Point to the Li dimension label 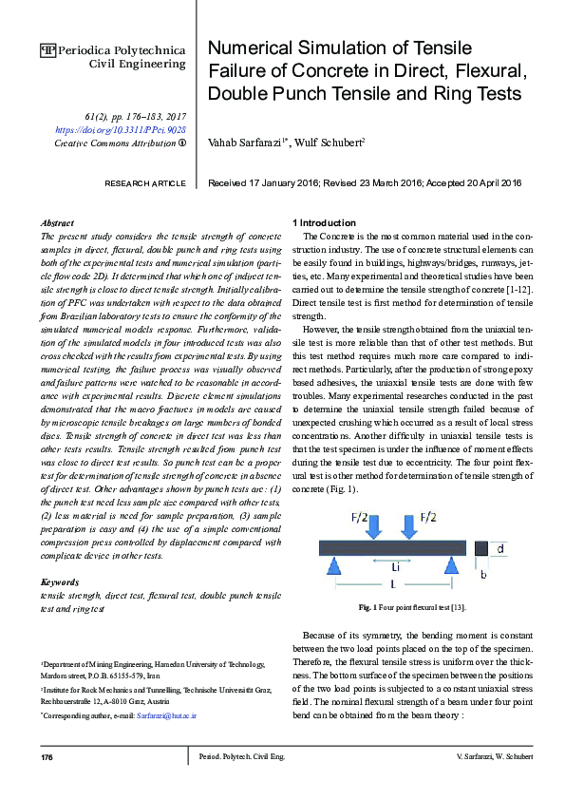395,566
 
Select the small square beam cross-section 481,549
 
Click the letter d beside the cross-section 501,548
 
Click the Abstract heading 60,221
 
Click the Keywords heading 61,581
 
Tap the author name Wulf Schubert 325,143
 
